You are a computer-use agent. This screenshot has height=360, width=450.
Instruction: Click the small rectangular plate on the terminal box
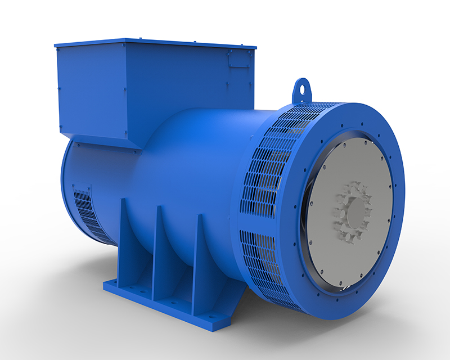[239, 58]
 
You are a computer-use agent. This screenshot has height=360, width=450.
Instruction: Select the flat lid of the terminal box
[155, 43]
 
